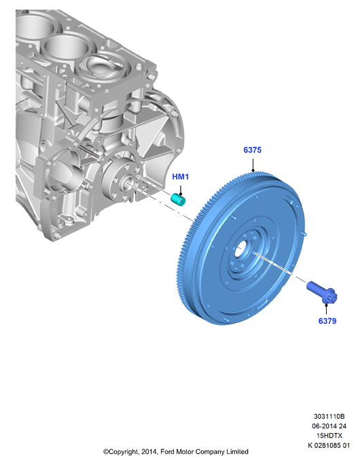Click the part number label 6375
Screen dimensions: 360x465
(253, 150)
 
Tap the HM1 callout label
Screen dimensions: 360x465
(181, 177)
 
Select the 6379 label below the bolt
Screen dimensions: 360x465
(327, 321)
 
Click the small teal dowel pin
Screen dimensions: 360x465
(179, 199)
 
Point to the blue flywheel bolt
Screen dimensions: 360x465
(321, 292)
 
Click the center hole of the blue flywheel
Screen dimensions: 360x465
(240, 249)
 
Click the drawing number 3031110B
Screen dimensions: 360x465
(329, 416)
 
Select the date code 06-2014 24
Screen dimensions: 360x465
(329, 426)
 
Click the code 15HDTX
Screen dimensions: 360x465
(329, 436)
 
